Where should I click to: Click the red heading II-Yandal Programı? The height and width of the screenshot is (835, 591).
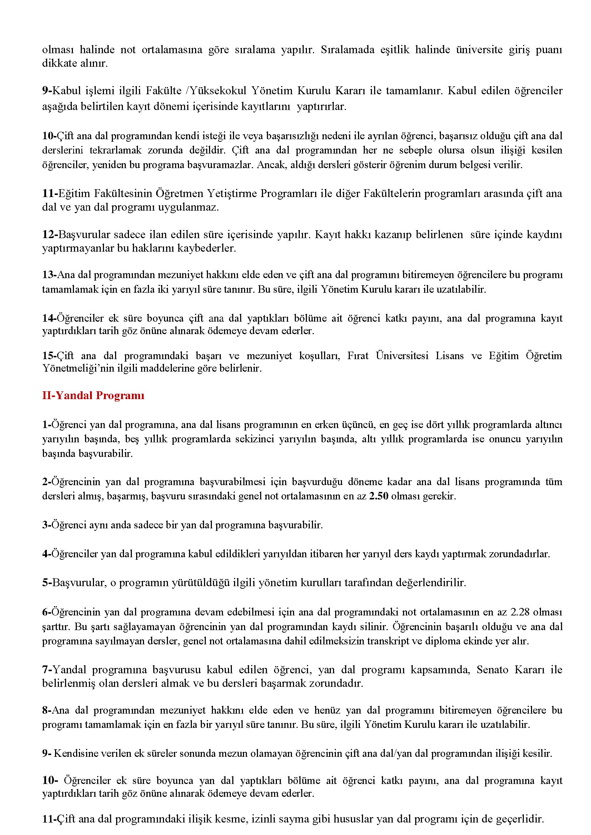93,396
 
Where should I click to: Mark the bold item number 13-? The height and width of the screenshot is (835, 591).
50,275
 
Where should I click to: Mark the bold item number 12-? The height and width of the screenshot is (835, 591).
50,235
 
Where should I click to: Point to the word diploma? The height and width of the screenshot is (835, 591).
442,641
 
